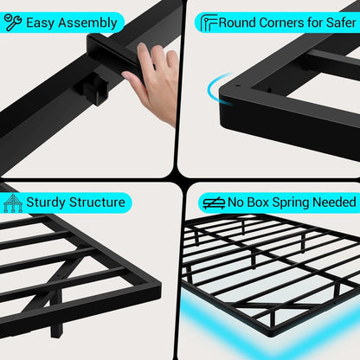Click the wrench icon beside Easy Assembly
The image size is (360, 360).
tap(13, 22)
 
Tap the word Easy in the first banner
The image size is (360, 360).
tap(42, 22)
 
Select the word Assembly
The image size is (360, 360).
tap(90, 22)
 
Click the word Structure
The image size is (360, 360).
tap(99, 202)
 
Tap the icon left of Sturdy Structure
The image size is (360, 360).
tap(13, 202)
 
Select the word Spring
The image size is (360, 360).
tap(292, 202)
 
